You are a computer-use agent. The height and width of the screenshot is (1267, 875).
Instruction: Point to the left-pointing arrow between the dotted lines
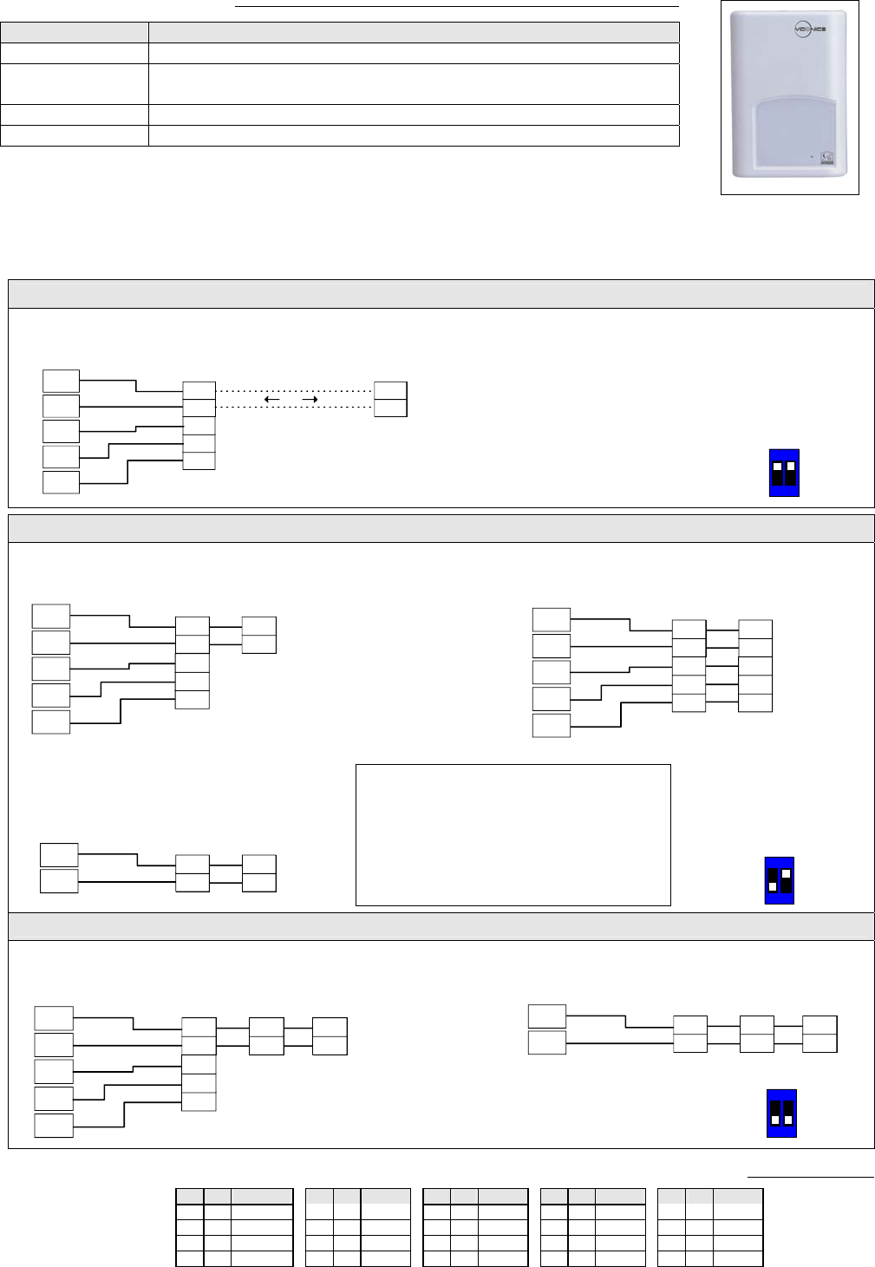[x=271, y=400]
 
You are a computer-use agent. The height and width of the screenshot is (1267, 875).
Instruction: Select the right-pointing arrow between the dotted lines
[x=309, y=400]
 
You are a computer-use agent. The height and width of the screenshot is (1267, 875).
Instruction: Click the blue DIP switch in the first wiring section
[x=784, y=473]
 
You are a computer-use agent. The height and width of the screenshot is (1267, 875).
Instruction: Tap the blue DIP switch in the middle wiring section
[x=780, y=881]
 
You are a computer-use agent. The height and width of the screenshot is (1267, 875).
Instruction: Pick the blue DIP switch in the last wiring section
[x=781, y=1114]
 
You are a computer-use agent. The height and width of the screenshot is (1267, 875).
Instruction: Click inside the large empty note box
[x=513, y=834]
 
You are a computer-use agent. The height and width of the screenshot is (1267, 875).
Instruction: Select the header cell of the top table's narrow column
[x=75, y=33]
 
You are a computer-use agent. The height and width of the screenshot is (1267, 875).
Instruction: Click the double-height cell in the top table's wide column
[x=414, y=84]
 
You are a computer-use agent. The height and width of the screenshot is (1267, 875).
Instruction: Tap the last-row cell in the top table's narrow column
[x=75, y=135]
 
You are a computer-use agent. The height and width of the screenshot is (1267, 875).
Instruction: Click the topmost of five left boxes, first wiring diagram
[x=61, y=381]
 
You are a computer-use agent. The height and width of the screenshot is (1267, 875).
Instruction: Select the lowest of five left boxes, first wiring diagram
[x=61, y=482]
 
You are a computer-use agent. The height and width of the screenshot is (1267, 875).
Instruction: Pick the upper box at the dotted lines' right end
[x=390, y=390]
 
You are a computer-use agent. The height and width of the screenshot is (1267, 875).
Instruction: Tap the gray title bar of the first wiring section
[x=441, y=294]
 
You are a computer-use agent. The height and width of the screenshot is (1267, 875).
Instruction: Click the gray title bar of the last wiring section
[x=441, y=926]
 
